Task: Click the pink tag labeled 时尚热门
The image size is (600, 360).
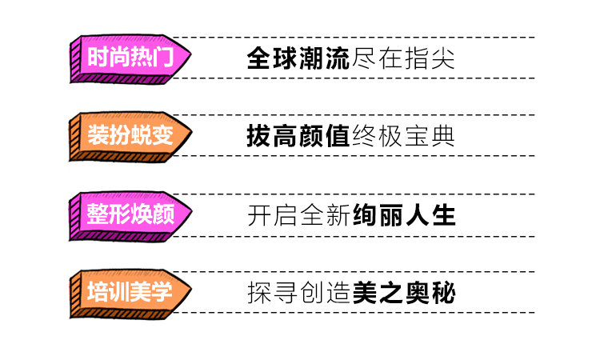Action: pos(128,58)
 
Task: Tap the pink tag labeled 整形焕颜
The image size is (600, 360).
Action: pos(128,214)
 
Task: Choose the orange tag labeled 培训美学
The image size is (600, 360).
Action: pos(128,292)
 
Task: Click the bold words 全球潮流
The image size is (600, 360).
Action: pos(299,58)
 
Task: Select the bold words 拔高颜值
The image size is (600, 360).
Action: pos(299,136)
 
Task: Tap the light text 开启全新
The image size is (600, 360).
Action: pos(299,214)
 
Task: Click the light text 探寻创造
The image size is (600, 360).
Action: pos(299,293)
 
